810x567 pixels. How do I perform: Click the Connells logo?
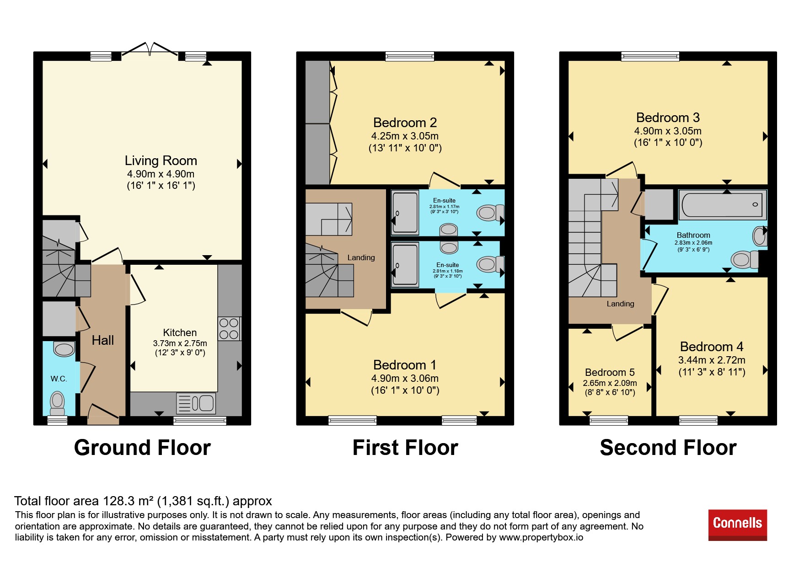(737, 524)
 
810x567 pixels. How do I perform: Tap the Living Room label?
(161, 160)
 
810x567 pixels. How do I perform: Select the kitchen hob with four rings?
(229, 329)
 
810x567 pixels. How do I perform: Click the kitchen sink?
(196, 403)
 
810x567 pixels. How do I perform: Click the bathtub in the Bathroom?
(723, 205)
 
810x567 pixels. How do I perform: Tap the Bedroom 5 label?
(610, 372)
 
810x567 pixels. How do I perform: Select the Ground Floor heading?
(142, 448)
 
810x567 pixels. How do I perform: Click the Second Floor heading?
(668, 448)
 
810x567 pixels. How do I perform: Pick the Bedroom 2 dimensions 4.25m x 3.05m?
(405, 136)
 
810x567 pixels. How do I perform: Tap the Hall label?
(103, 340)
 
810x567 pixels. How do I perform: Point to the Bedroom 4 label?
(712, 347)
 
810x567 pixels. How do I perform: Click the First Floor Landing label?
(361, 257)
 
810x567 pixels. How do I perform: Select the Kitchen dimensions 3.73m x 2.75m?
(180, 343)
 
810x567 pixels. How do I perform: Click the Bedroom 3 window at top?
(650, 56)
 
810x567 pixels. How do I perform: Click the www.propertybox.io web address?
(541, 537)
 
